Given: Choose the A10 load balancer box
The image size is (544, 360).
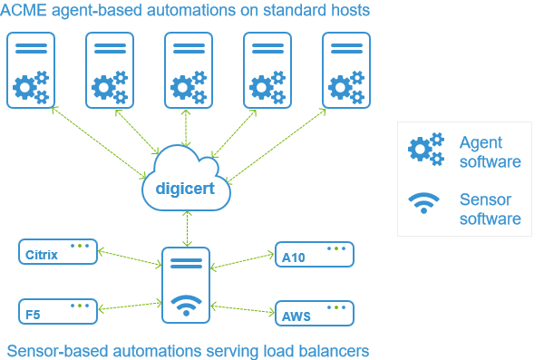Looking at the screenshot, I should click(314, 255).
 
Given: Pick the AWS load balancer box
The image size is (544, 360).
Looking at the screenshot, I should click(314, 313).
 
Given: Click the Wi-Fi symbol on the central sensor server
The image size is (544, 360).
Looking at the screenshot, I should click(186, 306).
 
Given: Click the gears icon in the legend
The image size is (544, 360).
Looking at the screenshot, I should click(426, 151).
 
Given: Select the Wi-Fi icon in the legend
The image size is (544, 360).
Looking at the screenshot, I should click(423, 203).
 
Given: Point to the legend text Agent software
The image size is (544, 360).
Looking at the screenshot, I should click(490, 152).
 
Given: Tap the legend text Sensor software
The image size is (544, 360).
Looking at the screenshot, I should click(490, 209).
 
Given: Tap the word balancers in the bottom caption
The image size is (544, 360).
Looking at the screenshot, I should click(335, 350).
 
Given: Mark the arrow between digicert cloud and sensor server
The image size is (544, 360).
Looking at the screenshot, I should click(186, 227).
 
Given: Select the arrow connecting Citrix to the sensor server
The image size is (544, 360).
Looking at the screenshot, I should click(129, 258).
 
